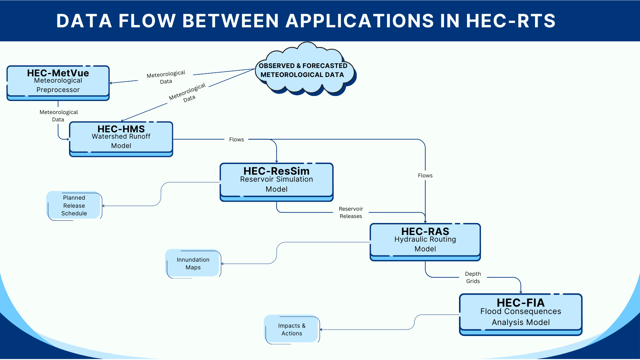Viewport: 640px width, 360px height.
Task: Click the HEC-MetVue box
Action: tap(58, 82)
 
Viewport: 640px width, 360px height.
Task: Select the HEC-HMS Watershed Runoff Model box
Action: tap(121, 138)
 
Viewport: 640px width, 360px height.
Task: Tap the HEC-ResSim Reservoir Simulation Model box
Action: tap(276, 181)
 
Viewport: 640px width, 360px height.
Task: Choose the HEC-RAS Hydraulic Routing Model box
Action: tap(425, 241)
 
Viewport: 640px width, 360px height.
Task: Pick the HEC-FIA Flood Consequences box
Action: tap(520, 313)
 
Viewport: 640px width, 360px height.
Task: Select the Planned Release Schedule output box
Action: tap(74, 206)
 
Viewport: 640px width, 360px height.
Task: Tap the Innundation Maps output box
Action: tap(193, 263)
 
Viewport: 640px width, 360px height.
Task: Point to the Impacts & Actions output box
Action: tap(292, 329)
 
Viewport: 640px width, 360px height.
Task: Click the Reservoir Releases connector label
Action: tap(351, 212)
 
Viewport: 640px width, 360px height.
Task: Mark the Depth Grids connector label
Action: tap(473, 277)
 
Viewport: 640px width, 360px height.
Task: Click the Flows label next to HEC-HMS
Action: tap(236, 139)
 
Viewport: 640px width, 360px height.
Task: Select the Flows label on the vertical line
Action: tap(425, 175)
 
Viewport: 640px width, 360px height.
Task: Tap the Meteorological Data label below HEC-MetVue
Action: tap(58, 116)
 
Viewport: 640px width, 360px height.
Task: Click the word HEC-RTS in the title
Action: tap(510, 21)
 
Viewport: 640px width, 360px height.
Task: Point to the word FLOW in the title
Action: tap(147, 21)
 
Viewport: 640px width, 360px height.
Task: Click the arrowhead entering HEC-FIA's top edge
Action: tap(521, 292)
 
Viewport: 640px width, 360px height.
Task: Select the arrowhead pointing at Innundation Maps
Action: tap(223, 264)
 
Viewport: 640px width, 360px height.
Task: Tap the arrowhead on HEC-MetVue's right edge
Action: tap(111, 83)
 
